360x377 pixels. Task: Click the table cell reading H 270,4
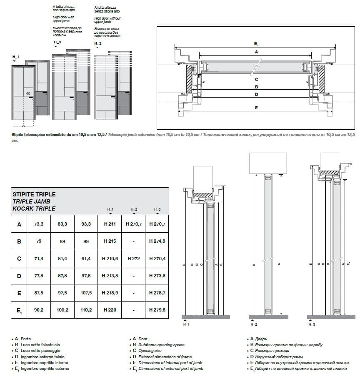pyautogui.click(x=157, y=259)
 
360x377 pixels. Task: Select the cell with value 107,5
pyautogui.click(x=86, y=293)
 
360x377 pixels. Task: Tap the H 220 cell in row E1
pyautogui.click(x=110, y=310)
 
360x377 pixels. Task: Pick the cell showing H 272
pyautogui.click(x=133, y=259)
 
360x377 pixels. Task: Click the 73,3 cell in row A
pyautogui.click(x=38, y=224)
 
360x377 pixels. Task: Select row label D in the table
pyautogui.click(x=19, y=276)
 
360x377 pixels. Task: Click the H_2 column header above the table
pyautogui.click(x=134, y=209)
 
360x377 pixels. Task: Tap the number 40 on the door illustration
pyautogui.click(x=28, y=94)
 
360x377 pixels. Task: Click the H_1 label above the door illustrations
pyautogui.click(x=16, y=56)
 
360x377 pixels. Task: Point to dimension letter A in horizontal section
pyautogui.click(x=256, y=52)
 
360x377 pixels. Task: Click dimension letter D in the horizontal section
pyautogui.click(x=256, y=95)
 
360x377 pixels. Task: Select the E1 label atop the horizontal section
pyautogui.click(x=256, y=43)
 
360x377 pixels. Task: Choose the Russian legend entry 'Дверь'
pyautogui.click(x=258, y=339)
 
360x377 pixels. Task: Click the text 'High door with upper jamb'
pyautogui.click(x=63, y=19)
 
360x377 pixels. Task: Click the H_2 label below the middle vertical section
pyautogui.click(x=253, y=324)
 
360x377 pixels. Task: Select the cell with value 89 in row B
pyautogui.click(x=62, y=241)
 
